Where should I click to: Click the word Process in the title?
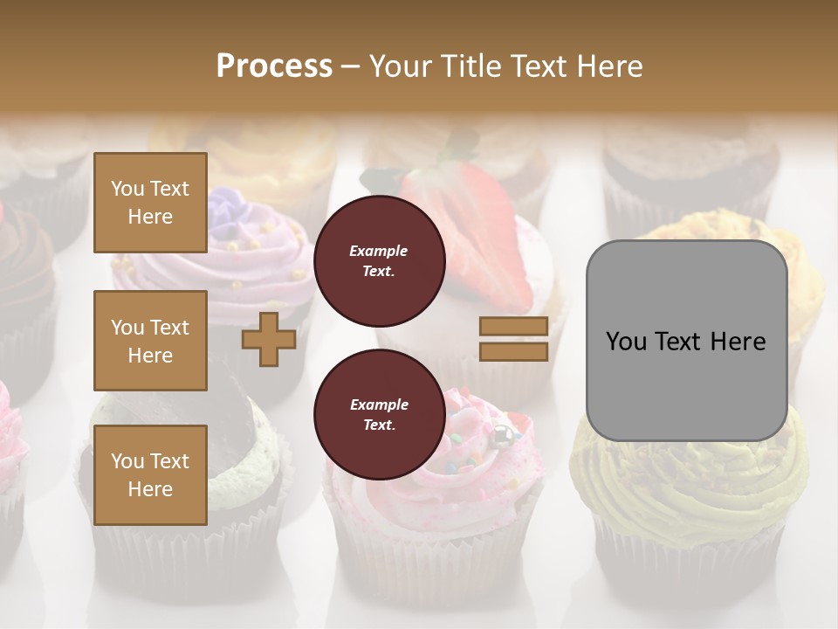click(x=274, y=66)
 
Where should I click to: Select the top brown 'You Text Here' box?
click(x=150, y=203)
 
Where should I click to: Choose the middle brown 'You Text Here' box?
click(x=150, y=341)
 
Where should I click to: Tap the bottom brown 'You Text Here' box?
click(x=150, y=475)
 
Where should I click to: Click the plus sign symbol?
click(x=269, y=339)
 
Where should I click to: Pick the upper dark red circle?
click(x=379, y=261)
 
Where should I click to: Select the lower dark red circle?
click(x=379, y=415)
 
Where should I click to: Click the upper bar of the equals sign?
click(x=513, y=327)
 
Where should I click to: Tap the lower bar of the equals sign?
click(x=513, y=351)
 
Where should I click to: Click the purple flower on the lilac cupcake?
click(x=225, y=206)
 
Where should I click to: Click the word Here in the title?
click(x=610, y=66)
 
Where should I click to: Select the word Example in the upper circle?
click(x=379, y=251)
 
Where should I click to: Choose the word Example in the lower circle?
click(x=379, y=404)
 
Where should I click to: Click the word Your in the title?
click(x=401, y=66)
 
